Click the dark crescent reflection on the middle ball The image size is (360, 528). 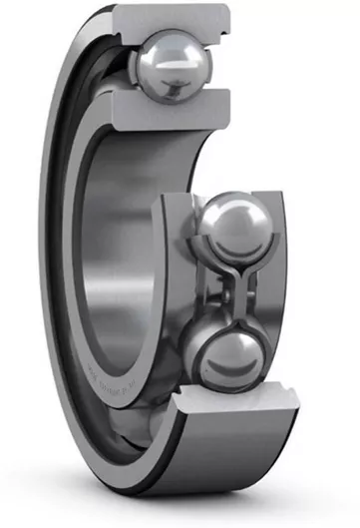239,245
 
